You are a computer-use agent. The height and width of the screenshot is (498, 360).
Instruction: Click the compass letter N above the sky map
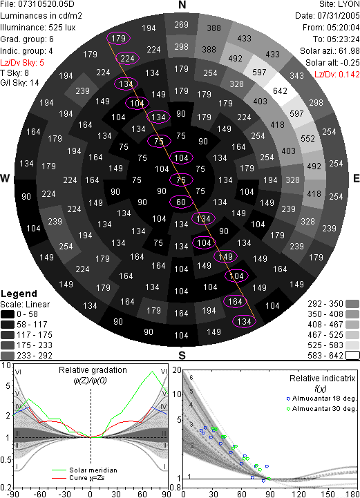(x=182, y=5)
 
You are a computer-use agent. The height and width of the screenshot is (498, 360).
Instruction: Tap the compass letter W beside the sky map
(x=5, y=178)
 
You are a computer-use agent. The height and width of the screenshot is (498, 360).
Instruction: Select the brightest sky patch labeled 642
(x=280, y=91)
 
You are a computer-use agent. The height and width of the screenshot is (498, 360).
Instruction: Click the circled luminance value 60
(x=181, y=202)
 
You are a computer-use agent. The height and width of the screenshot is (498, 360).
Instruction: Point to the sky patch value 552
(x=307, y=139)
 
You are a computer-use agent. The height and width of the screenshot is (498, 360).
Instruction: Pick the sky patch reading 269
(x=181, y=25)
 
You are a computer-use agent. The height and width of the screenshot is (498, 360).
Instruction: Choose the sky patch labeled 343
(x=296, y=75)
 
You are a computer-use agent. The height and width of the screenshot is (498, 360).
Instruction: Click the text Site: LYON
(x=339, y=4)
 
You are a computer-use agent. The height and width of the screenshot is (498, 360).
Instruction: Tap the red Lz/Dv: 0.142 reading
(x=337, y=75)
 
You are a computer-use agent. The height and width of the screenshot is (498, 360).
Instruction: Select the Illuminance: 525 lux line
(x=38, y=28)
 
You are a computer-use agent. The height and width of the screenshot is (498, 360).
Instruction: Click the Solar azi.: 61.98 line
(x=330, y=51)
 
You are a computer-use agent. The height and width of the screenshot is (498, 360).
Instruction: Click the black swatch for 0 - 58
(x=8, y=314)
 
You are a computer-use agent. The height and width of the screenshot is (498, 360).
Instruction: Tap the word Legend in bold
(x=19, y=294)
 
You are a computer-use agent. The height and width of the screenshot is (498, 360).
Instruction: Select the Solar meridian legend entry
(x=84, y=470)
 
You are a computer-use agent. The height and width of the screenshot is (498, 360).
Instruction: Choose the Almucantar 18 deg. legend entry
(x=321, y=399)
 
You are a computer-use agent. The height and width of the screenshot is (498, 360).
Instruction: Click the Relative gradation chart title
(x=93, y=370)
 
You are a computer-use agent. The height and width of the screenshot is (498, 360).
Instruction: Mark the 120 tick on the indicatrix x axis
(x=299, y=494)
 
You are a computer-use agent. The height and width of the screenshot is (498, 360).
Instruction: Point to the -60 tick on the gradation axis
(x=39, y=494)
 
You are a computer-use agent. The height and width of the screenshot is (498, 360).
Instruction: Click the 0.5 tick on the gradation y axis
(x=6, y=459)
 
